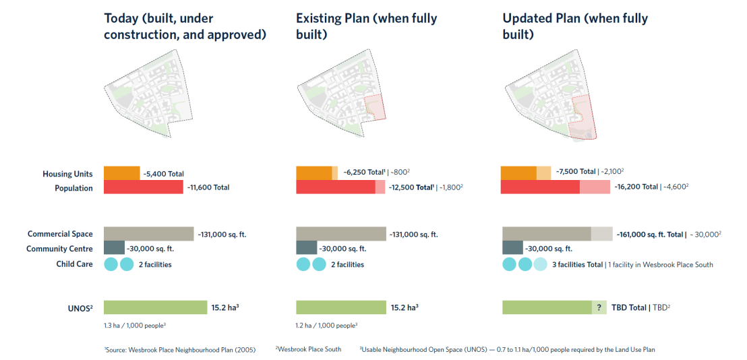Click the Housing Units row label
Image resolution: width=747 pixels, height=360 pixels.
click(67, 174)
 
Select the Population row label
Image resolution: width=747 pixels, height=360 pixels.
click(73, 188)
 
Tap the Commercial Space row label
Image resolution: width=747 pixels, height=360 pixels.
click(60, 234)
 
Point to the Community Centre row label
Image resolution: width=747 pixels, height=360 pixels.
click(59, 249)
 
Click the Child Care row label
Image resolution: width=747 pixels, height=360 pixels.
click(74, 264)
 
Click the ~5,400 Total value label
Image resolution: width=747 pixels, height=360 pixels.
click(163, 174)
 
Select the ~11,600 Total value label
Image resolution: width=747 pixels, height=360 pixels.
click(206, 187)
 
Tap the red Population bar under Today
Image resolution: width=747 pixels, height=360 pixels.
click(143, 187)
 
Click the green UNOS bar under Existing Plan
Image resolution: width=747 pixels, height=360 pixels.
click(340, 307)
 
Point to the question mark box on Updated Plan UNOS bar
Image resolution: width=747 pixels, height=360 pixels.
click(599, 307)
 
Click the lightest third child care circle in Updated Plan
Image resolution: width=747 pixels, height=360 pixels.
click(541, 264)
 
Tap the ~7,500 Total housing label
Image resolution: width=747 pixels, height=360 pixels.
click(576, 172)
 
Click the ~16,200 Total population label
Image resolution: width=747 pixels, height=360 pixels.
click(635, 187)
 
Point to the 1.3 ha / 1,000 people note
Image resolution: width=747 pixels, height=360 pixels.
click(135, 326)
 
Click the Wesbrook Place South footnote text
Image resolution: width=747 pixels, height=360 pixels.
click(308, 349)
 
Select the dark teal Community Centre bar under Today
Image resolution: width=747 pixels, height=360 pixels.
click(114, 248)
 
